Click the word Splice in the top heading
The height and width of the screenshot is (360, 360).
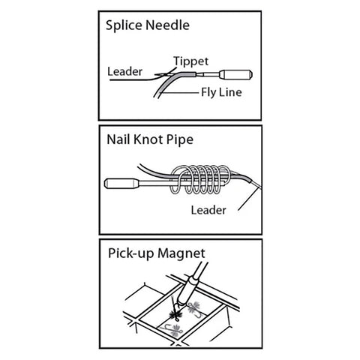point(124,25)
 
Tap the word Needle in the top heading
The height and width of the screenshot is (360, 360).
point(167,25)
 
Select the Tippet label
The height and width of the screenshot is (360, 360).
point(190,61)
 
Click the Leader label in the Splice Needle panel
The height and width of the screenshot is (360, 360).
point(124,71)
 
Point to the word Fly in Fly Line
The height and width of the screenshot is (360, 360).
point(208,93)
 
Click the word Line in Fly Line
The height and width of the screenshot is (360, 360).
point(230,92)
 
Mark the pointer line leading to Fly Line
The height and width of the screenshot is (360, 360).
point(179,93)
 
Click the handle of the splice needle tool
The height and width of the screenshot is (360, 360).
point(235,74)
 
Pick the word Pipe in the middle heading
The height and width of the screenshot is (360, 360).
point(180,140)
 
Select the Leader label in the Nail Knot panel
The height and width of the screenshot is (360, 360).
point(208,210)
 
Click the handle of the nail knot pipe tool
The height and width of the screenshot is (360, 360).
point(121,183)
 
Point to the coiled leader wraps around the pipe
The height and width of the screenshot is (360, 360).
point(200,179)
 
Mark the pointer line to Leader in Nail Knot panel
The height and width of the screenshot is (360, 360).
point(248,199)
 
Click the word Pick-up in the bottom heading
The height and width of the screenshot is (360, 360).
point(130,253)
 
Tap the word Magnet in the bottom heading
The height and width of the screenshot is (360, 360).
point(181,254)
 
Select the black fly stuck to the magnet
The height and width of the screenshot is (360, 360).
point(175,313)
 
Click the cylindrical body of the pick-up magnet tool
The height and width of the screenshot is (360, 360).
point(188,290)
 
